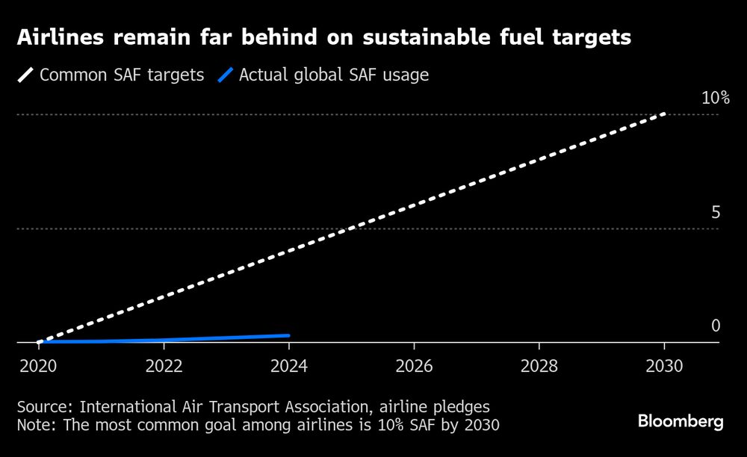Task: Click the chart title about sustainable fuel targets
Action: coord(324,38)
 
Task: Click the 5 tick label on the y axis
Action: coord(715,213)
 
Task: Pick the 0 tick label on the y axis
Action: coord(715,326)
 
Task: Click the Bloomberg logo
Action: coord(681,422)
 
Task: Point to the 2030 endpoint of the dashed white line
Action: coord(664,114)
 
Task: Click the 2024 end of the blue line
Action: coord(288,336)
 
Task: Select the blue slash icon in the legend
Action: coord(225,75)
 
